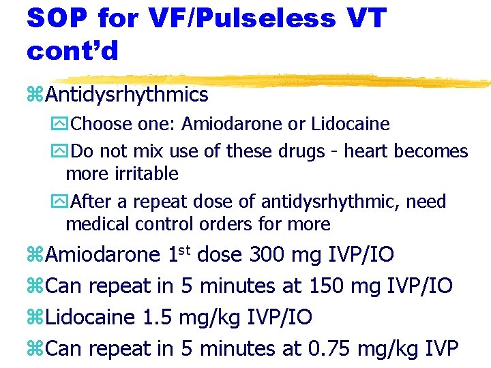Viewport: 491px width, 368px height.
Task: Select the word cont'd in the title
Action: point(72,50)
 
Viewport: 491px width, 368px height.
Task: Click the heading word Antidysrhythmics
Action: point(128,95)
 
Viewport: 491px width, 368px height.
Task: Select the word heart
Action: point(366,151)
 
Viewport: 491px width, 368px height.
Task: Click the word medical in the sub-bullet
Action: point(95,224)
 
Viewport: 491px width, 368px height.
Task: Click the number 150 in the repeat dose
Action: point(326,286)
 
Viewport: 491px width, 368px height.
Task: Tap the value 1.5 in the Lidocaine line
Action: point(158,318)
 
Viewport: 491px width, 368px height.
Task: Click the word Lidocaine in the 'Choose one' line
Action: point(350,124)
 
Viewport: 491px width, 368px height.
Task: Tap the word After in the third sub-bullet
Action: point(91,202)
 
